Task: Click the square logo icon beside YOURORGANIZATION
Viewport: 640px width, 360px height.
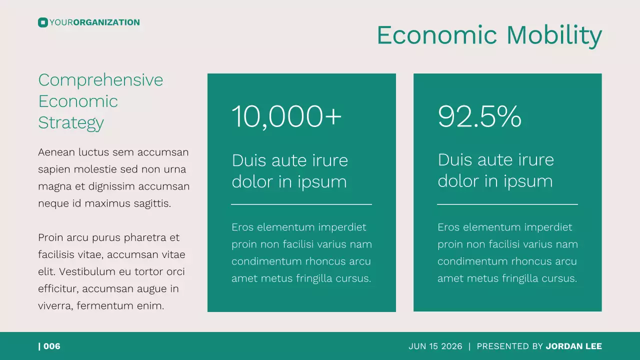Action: [42, 22]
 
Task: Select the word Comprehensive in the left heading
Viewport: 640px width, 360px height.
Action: [100, 80]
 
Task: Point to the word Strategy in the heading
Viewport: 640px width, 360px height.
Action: [71, 122]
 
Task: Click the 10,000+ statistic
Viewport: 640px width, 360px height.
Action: [286, 116]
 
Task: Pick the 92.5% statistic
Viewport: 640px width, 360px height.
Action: [479, 116]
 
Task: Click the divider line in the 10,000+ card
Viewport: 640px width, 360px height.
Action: [301, 204]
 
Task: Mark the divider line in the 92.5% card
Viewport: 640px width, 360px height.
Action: [507, 204]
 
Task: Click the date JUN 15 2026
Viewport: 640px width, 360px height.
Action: [434, 346]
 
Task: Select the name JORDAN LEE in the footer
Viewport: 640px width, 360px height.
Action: [574, 346]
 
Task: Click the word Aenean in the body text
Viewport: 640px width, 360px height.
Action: [56, 152]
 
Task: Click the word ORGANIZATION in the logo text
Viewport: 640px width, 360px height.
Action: [106, 22]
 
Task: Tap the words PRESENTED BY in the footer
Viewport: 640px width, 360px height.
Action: [510, 346]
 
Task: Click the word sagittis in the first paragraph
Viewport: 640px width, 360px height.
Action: [152, 203]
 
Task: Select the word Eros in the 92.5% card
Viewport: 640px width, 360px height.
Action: [448, 227]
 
